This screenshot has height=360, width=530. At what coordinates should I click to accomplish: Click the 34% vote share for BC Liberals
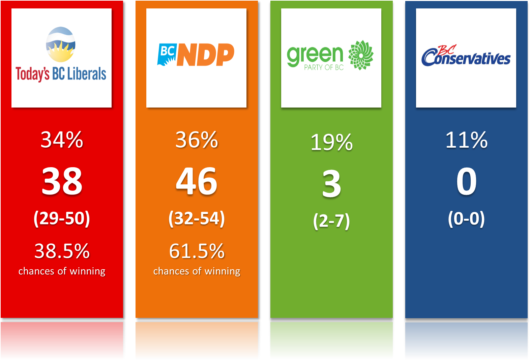point(62,140)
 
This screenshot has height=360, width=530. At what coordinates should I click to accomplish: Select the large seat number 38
point(62,182)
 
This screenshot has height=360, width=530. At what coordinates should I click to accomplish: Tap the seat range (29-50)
point(62,218)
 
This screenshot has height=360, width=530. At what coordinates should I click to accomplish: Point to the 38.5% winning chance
point(62,251)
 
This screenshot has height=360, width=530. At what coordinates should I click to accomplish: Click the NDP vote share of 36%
point(197,140)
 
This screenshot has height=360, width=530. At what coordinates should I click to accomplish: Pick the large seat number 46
point(197,182)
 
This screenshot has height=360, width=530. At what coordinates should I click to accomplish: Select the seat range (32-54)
point(197,218)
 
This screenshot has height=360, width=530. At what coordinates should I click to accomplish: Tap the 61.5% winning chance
point(197,251)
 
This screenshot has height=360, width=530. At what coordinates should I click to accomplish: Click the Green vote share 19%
point(331,142)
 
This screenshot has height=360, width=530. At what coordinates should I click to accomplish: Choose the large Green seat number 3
point(331,184)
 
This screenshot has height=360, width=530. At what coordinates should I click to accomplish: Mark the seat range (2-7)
point(331,221)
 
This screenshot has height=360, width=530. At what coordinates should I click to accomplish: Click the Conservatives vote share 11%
point(466,140)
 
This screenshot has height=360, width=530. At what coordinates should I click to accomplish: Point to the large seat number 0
point(466,182)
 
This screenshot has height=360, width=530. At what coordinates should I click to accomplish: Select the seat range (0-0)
point(466,218)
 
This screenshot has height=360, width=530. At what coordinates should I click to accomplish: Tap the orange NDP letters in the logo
point(206,54)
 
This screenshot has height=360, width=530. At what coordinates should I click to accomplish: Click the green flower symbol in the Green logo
point(361,55)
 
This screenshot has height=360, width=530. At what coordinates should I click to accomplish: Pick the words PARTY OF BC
point(324,67)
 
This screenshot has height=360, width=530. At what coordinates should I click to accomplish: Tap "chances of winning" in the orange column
point(197,271)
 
